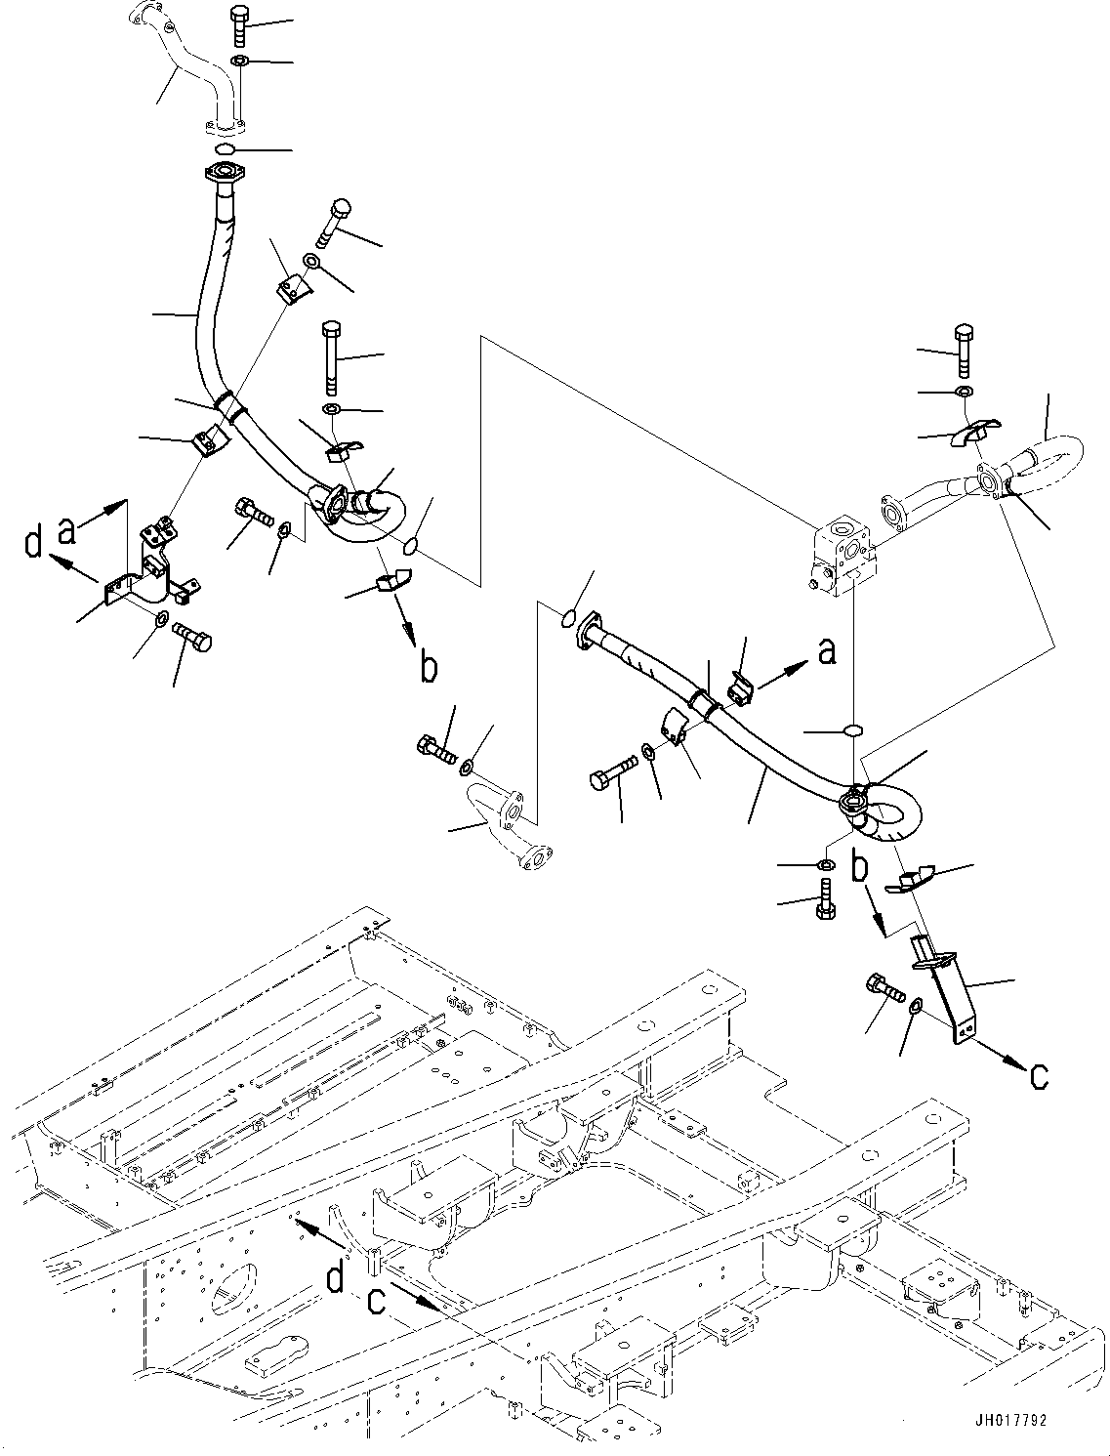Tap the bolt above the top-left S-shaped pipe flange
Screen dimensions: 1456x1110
coord(240,26)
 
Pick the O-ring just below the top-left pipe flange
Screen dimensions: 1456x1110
coord(224,148)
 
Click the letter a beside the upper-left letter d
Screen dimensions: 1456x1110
coord(67,529)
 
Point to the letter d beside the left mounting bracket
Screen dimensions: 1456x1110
coord(34,542)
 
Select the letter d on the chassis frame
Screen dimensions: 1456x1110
coord(335,1277)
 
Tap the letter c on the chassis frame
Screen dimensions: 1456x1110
coord(376,1302)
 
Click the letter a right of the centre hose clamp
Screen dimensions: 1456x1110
coord(827,651)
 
